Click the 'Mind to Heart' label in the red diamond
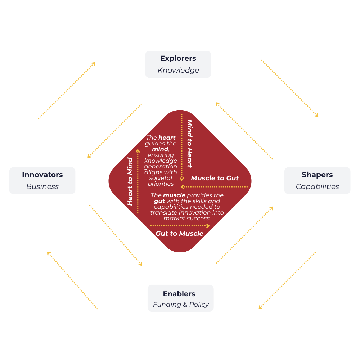click(189, 143)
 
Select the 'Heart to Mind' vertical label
click(130, 181)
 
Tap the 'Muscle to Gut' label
click(215, 178)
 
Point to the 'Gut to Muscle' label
click(179, 234)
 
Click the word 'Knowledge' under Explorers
click(178, 70)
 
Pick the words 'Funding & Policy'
click(181, 305)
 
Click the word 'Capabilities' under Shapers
click(317, 186)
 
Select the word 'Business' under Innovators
click(42, 186)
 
